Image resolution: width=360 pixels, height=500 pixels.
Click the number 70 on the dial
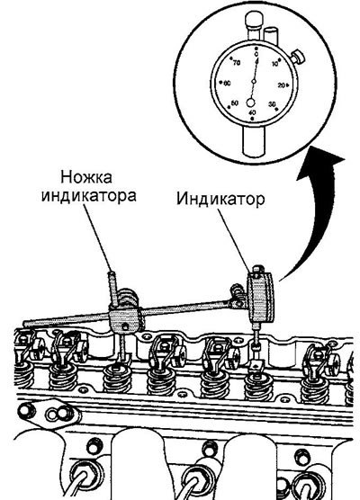[x=237, y=63]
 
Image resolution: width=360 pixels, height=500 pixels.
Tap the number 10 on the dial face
[x=275, y=64]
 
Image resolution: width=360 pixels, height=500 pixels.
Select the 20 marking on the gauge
[x=282, y=85]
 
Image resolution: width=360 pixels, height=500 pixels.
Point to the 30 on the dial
[x=272, y=104]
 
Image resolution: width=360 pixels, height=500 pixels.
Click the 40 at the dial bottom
[x=252, y=112]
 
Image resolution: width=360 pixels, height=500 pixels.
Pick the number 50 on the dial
[x=235, y=103]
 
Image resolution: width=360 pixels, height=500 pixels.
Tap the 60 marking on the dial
[x=227, y=84]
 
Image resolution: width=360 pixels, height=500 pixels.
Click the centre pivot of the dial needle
[x=254, y=82]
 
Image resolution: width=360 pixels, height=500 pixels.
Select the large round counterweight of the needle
[x=251, y=103]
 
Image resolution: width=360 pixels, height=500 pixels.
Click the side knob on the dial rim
[x=298, y=56]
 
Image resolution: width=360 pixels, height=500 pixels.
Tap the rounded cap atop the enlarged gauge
[x=253, y=20]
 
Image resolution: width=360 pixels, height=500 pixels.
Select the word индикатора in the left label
[x=89, y=195]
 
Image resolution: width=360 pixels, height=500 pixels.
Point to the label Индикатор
[x=220, y=199]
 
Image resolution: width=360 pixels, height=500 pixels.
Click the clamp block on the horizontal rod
[x=125, y=320]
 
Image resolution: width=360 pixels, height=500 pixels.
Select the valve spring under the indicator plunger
[x=258, y=388]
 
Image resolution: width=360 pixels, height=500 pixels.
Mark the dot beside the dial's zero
[x=256, y=49]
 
